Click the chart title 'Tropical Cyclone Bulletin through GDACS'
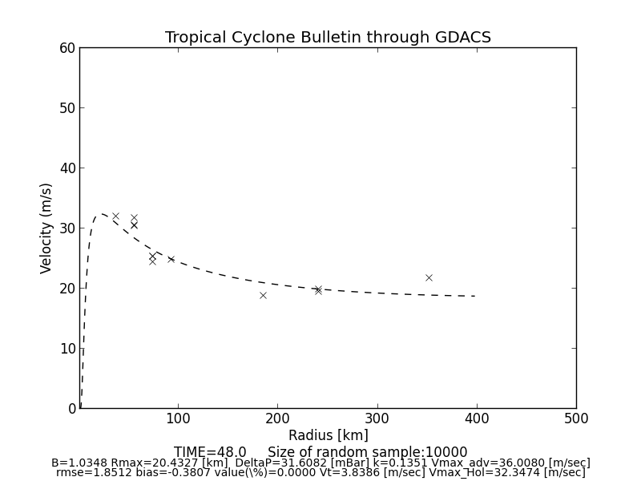tap(328, 38)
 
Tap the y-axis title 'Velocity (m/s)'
tap(46, 228)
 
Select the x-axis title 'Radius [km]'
tap(328, 435)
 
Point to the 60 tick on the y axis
tap(67, 48)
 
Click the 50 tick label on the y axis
tap(67, 108)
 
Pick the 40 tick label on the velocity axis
tap(67, 168)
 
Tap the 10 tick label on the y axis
tap(67, 349)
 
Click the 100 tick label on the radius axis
tap(178, 418)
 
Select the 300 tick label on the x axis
tap(377, 418)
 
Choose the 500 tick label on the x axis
tap(575, 418)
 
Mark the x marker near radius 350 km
tap(429, 277)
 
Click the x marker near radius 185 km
tap(263, 295)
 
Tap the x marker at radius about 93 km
tap(171, 259)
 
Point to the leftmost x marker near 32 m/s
tap(115, 216)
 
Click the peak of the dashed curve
tap(101, 214)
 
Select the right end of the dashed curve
tap(477, 296)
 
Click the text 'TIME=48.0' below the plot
tap(210, 452)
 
